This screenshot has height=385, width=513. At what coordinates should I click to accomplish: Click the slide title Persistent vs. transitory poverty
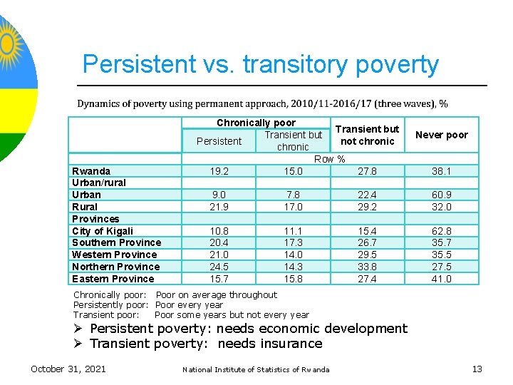260,64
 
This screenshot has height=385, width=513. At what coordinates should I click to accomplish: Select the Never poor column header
441,135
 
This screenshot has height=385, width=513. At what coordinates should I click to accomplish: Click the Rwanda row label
91,171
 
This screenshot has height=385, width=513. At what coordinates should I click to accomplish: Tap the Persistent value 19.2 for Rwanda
219,171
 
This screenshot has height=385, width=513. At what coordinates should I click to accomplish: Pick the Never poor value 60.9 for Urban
441,195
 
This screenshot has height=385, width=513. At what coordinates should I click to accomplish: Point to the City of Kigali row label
103,231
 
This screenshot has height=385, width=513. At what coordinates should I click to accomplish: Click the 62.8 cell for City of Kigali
441,231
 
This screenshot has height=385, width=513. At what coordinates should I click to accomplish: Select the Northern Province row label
115,267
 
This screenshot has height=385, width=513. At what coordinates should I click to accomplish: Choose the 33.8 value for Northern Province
368,267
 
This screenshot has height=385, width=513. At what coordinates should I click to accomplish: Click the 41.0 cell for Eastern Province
441,279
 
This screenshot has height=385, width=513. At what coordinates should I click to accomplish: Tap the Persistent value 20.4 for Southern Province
219,242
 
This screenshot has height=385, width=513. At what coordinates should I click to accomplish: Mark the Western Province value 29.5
368,255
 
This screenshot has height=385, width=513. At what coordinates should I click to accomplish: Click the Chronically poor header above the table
256,123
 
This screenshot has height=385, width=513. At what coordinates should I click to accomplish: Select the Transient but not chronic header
368,135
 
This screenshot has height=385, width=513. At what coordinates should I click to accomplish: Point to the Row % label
329,159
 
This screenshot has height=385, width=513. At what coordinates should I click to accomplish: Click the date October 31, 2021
68,369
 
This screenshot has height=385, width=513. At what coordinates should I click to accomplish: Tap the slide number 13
477,369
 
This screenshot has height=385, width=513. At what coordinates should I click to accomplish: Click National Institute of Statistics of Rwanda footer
256,369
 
